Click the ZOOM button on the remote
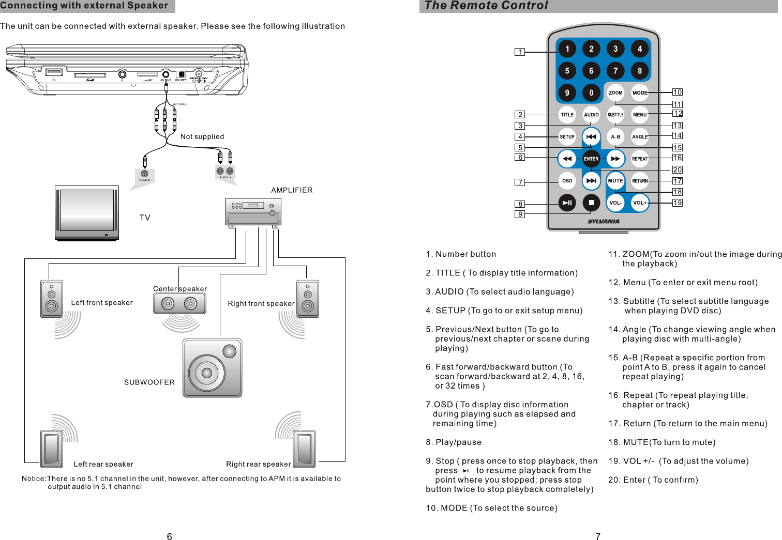[615, 93]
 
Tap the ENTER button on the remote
[591, 159]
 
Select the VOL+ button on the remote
[640, 203]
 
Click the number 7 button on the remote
[615, 71]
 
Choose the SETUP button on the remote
[567, 137]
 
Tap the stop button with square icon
[591, 203]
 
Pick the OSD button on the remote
[567, 181]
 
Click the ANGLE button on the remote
[640, 137]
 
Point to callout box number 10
[678, 92]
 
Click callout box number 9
[520, 214]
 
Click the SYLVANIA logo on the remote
[604, 222]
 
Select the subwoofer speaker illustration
[212, 368]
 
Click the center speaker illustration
[179, 303]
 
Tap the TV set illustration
[87, 213]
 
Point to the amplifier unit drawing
[253, 212]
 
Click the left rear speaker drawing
[52, 449]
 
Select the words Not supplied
[202, 136]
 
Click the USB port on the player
[54, 72]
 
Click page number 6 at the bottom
[169, 536]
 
